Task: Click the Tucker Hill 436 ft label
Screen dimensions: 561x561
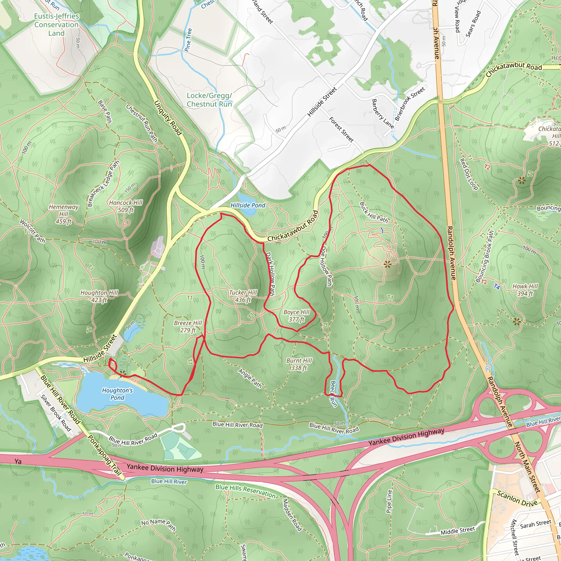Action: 243,296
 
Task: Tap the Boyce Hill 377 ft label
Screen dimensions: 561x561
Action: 296,316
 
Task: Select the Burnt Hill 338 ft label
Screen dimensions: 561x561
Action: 299,364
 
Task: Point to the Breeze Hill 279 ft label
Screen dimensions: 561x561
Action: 188,326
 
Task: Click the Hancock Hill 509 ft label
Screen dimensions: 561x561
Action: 126,206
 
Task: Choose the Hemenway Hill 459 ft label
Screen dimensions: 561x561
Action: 64,214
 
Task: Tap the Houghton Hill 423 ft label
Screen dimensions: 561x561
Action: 99,296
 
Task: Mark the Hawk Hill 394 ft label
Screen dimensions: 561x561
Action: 525,290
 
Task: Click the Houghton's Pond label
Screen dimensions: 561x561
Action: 117,394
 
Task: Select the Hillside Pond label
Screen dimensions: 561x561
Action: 248,205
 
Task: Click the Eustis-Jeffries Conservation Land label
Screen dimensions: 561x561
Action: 56,25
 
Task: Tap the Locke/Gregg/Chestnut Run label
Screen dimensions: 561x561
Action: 209,100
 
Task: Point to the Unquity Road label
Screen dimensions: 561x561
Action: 168,118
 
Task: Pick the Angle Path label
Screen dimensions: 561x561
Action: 250,378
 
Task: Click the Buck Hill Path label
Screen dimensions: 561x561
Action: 373,212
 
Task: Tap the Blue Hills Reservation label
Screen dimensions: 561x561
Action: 245,491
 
